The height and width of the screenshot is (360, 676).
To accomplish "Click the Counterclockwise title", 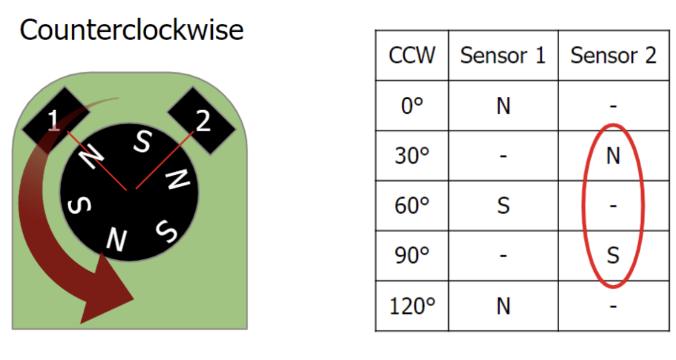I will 131,29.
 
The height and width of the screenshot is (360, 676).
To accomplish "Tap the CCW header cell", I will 412,56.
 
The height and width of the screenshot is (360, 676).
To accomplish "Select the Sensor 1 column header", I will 503,56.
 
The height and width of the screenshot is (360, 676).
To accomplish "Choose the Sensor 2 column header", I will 613,56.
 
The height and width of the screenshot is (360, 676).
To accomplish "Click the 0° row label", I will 412,106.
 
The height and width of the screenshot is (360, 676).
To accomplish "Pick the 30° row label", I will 412,156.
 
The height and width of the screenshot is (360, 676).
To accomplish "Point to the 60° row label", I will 412,206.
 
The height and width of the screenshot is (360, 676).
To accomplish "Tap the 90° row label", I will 412,256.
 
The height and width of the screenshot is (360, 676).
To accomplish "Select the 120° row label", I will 412,306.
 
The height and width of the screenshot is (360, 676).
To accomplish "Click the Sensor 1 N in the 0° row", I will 503,106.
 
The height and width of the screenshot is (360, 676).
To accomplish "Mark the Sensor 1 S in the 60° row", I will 503,206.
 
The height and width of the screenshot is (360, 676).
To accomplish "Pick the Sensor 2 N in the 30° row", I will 613,156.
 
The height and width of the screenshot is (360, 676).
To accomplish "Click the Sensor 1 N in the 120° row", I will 503,306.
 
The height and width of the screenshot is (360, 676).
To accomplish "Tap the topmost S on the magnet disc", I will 143,142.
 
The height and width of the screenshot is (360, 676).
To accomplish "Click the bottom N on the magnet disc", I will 116,239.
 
